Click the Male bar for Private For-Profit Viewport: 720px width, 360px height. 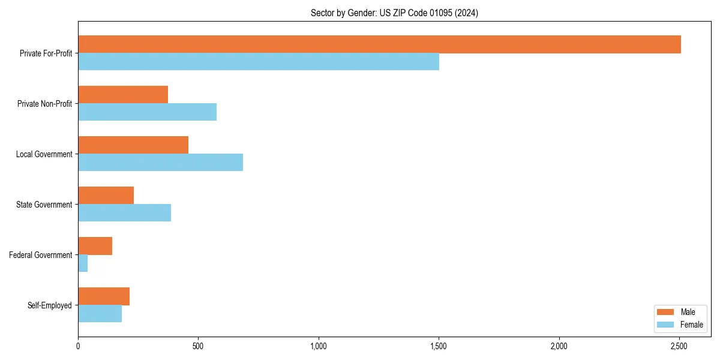379,44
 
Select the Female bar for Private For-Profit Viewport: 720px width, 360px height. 259,62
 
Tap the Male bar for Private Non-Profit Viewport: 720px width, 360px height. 123,95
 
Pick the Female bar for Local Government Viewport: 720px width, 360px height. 160,163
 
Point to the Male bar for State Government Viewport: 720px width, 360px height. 106,196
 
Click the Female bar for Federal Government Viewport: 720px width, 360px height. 83,263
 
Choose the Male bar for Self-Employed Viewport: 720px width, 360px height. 104,296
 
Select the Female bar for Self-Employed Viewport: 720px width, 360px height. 100,314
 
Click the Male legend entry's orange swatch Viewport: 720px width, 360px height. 665,312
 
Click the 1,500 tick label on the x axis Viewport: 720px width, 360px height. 439,346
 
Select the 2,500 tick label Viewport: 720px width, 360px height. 679,346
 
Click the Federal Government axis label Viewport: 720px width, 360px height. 41,255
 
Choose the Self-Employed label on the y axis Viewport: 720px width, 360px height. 50,305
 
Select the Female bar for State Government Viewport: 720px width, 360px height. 124,213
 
